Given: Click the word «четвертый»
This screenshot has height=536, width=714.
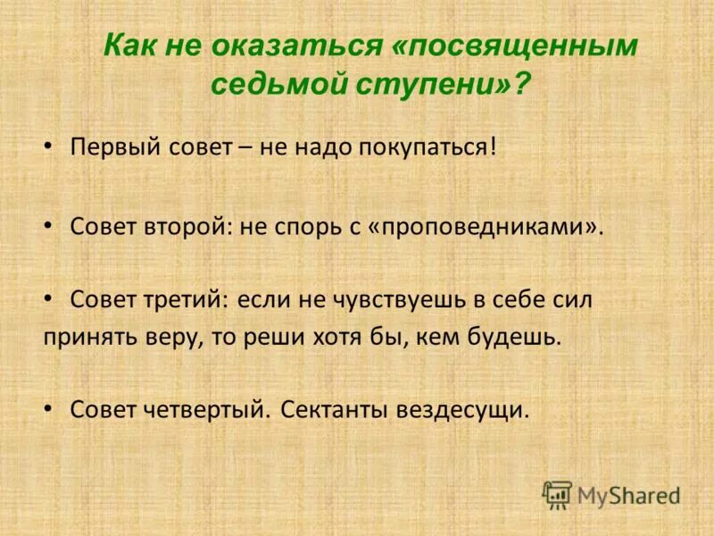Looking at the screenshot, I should (x=205, y=410).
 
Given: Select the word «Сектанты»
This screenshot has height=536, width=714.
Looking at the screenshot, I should (x=332, y=410).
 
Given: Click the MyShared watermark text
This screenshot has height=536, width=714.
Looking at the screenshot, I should (x=628, y=494).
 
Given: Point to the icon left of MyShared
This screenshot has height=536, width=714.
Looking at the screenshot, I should (x=557, y=493).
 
